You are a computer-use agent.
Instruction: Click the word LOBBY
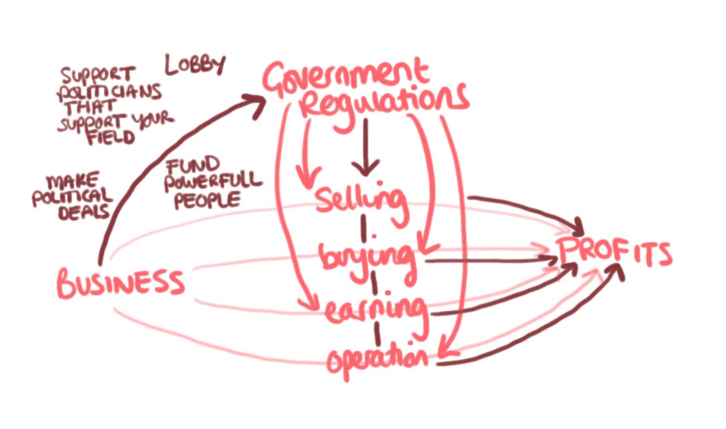[195, 66]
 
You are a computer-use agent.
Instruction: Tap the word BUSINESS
[121, 283]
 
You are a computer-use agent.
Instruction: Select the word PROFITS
[614, 252]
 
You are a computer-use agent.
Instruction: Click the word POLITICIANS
[109, 93]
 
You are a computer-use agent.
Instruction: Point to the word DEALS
[84, 212]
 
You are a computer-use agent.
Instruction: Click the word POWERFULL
[213, 181]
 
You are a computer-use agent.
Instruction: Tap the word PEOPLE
[207, 200]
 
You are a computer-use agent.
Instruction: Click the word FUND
[192, 165]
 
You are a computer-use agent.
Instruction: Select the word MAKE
[73, 181]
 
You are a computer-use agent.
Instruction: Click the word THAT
[91, 108]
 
